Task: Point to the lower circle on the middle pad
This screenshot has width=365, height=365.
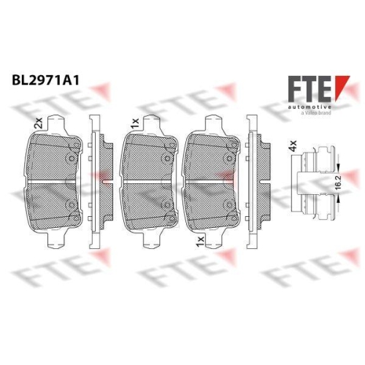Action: click(168, 205)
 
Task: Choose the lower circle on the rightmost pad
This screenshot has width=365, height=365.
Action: click(233, 205)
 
